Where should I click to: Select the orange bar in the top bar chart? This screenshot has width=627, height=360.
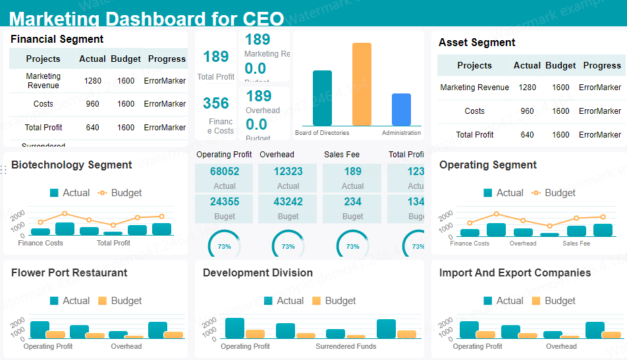pyautogui.click(x=362, y=84)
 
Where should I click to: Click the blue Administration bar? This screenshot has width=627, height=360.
pyautogui.click(x=401, y=109)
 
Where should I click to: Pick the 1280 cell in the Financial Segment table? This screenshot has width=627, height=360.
pyautogui.click(x=93, y=81)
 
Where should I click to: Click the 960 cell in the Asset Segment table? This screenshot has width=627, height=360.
pyautogui.click(x=527, y=111)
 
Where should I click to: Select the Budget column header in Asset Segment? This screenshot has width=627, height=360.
pyautogui.click(x=560, y=66)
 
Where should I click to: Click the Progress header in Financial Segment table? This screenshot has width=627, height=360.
pyautogui.click(x=167, y=59)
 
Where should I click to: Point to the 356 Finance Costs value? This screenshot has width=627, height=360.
pyautogui.click(x=216, y=103)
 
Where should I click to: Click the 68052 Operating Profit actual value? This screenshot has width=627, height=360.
pyautogui.click(x=225, y=171)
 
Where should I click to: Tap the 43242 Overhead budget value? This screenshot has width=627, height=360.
pyautogui.click(x=288, y=201)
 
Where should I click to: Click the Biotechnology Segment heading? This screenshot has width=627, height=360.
pyautogui.click(x=72, y=165)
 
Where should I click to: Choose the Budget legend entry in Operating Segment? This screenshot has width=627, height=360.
pyautogui.click(x=553, y=193)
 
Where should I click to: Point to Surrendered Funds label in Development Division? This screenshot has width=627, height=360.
pyautogui.click(x=346, y=346)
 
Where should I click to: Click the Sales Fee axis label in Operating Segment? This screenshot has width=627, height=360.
pyautogui.click(x=576, y=244)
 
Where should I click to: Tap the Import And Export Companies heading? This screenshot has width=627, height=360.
pyautogui.click(x=515, y=273)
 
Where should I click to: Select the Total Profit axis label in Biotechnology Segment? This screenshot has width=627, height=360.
pyautogui.click(x=113, y=243)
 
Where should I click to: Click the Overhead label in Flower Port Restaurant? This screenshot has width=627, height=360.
pyautogui.click(x=126, y=346)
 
